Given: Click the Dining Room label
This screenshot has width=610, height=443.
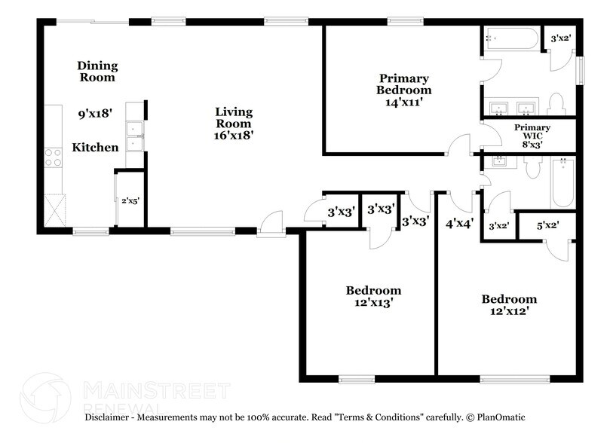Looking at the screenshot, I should click(98, 72).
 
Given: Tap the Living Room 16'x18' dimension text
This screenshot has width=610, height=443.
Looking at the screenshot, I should click(234, 136).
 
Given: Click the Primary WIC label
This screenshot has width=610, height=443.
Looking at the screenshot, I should click(532, 128).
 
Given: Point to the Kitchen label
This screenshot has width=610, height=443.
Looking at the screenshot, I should click(95, 148).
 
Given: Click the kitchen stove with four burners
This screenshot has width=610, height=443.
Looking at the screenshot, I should click(54, 157).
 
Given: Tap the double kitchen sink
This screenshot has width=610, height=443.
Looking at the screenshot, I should click(134, 136).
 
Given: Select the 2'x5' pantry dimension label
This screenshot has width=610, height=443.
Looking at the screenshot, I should click(130, 200).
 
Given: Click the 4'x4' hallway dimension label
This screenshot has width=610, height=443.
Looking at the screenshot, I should click(458, 223).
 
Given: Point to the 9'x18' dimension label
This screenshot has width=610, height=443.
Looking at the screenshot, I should click(95, 115).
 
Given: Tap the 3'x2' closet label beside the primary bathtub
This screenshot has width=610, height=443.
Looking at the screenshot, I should click(561, 38).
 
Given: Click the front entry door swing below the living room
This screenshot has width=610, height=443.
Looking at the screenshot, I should click(268, 224).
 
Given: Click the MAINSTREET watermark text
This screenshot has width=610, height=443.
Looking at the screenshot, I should click(155, 390).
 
